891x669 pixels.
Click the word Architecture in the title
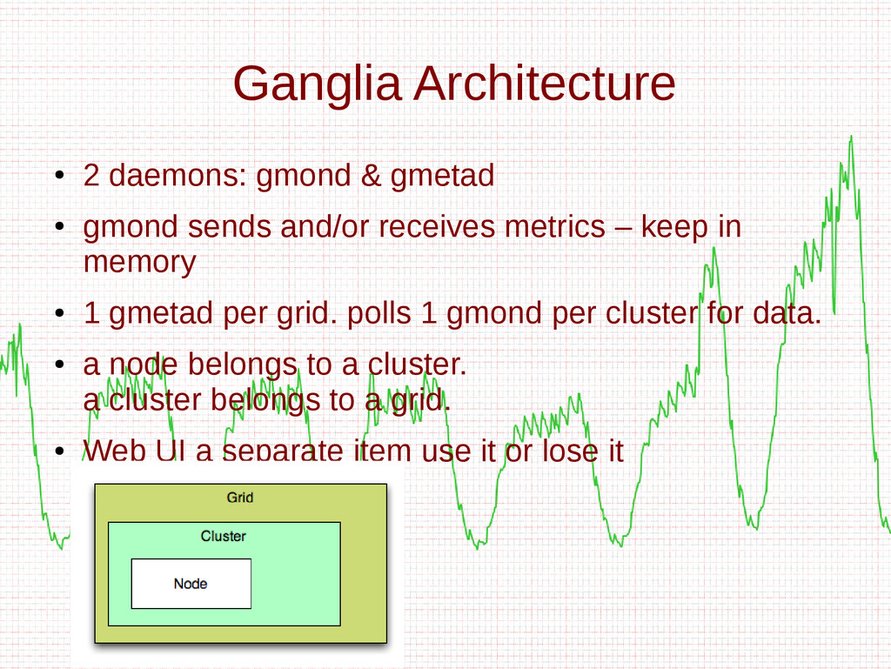pyautogui.click(x=544, y=84)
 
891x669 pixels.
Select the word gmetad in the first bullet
pyautogui.click(x=442, y=177)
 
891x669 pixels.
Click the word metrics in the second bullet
pyautogui.click(x=554, y=227)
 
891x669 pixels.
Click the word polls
pyautogui.click(x=379, y=313)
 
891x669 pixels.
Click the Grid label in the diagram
pyautogui.click(x=240, y=498)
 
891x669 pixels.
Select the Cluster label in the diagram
pyautogui.click(x=224, y=536)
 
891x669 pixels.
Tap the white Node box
pyautogui.click(x=191, y=584)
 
